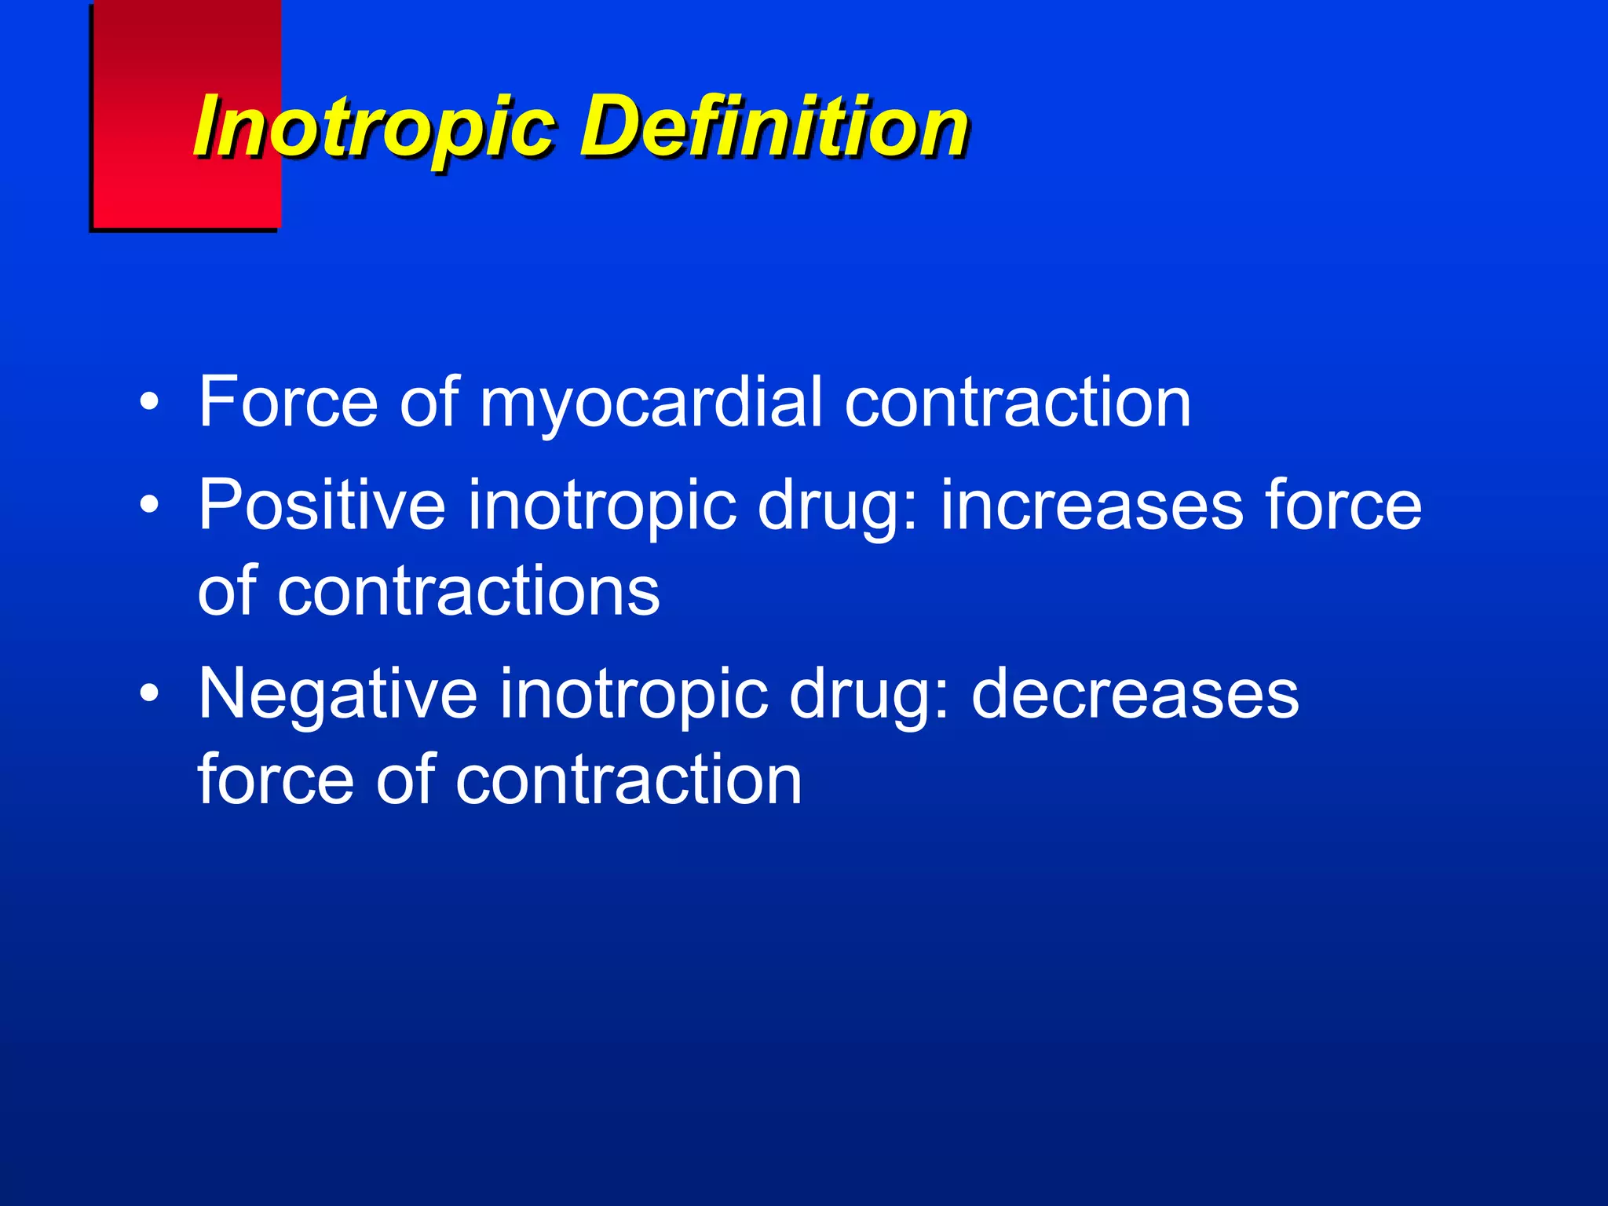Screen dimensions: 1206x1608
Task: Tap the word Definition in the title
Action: point(774,126)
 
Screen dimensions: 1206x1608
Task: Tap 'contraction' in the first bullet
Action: point(1018,404)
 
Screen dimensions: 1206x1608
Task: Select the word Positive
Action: point(321,505)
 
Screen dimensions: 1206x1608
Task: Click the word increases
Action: point(1092,506)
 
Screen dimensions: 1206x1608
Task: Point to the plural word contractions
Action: point(468,591)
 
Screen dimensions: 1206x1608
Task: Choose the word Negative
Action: point(338,694)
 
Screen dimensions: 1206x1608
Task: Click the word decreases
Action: point(1135,694)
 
